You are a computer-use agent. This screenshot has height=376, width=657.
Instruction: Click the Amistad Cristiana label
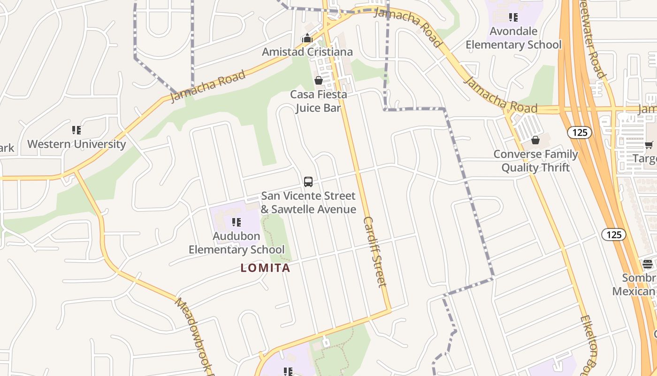coord(307,52)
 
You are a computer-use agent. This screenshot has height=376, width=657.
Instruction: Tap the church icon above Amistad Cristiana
coord(307,39)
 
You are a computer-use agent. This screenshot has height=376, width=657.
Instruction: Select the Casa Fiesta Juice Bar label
coord(318,101)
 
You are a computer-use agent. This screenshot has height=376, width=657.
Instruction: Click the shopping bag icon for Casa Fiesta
coord(319,80)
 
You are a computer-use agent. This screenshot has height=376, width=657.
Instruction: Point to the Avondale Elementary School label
coord(513,38)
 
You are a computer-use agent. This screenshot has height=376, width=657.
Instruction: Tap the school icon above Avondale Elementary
coord(513,17)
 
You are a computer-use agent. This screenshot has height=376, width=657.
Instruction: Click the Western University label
coord(76,144)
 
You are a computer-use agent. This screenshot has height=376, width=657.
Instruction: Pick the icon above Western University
coord(76,130)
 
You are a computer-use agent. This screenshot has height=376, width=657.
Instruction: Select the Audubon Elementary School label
coord(237,243)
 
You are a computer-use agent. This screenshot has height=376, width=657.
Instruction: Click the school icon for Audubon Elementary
coord(237,222)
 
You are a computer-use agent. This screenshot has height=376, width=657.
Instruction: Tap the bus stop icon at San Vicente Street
coord(308,181)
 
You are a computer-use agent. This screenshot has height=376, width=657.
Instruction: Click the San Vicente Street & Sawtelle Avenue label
coord(308,203)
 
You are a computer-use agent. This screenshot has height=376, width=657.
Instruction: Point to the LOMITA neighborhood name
coord(266,268)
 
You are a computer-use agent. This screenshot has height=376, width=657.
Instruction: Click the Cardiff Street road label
coord(375,251)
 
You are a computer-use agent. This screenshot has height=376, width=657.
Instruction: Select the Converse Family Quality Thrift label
coord(535,161)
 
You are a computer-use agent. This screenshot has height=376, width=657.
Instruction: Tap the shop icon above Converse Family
coord(535,140)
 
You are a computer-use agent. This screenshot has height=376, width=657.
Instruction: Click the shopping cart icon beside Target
coord(649,145)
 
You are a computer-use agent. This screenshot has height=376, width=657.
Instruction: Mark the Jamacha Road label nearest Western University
coord(208,86)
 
